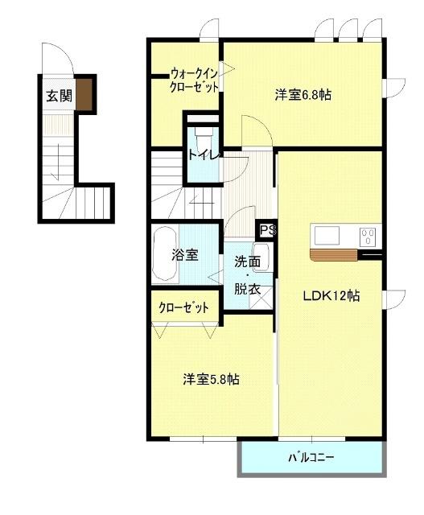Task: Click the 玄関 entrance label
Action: click(59, 97)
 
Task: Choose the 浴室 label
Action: click(185, 256)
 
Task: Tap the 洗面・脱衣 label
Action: click(248, 275)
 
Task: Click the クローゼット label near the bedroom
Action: click(183, 307)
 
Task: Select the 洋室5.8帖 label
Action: click(210, 379)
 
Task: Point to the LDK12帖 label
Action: click(331, 296)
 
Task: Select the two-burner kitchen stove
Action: click(368, 237)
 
